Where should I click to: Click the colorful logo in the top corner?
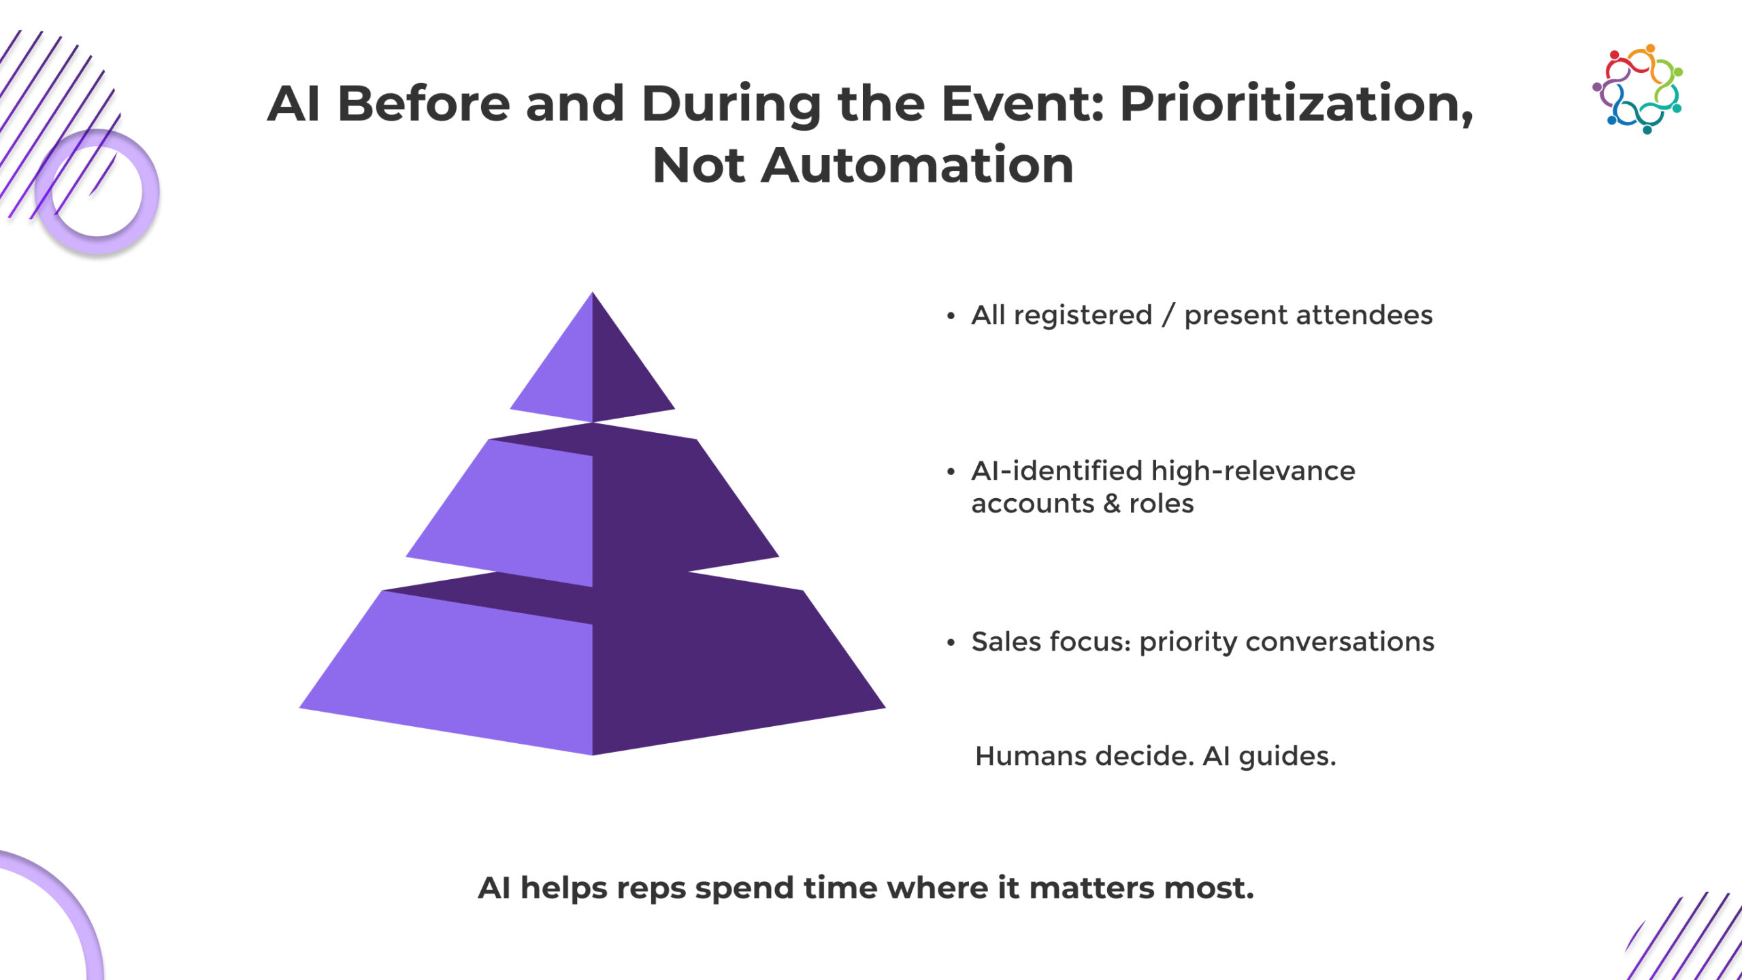coord(1637,89)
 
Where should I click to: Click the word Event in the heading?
coord(1023,103)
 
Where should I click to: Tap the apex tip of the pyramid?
coord(593,293)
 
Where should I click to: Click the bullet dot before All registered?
coord(951,316)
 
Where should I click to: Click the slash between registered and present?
coord(1168,315)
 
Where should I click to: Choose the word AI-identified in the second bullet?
coord(1057,470)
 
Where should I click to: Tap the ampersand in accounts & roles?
coord(1112,504)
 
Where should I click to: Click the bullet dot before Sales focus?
coord(951,642)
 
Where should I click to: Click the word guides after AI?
coord(1287,757)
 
